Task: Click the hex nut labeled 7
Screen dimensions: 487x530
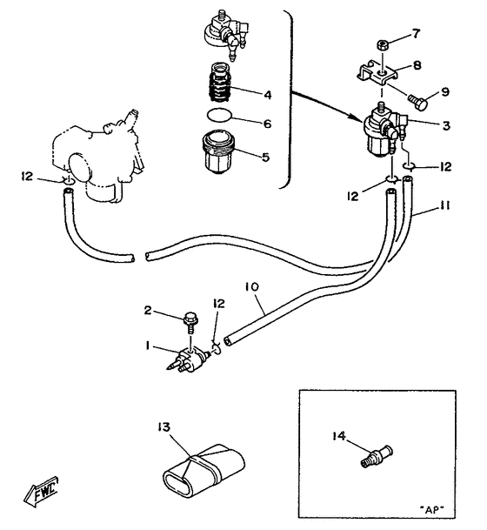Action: (x=382, y=44)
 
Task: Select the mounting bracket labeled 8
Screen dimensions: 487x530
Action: (x=377, y=72)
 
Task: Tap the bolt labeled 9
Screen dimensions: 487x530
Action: (x=418, y=101)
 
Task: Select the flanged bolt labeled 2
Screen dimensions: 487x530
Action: (x=190, y=322)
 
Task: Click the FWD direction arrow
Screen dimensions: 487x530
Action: (x=41, y=492)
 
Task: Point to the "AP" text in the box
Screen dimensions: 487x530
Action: (x=432, y=509)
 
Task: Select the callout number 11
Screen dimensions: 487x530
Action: (x=446, y=206)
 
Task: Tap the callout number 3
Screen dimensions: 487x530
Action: (x=446, y=125)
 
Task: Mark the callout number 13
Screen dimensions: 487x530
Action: (x=163, y=427)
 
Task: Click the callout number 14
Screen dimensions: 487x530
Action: (x=339, y=436)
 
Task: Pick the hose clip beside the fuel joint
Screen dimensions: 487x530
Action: (x=217, y=348)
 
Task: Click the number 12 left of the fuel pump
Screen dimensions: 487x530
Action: (x=28, y=176)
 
